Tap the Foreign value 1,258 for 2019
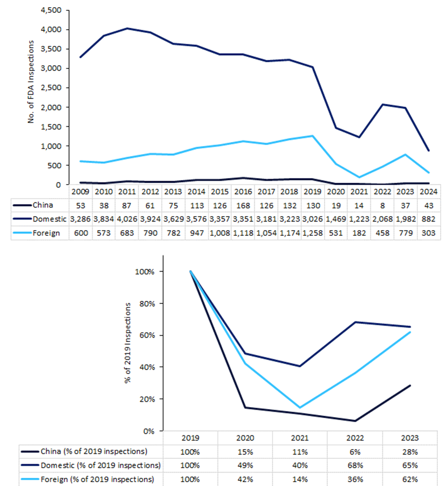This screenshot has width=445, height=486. (x=312, y=233)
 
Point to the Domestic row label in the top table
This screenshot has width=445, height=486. (x=47, y=219)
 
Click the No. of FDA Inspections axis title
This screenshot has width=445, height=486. (x=32, y=82)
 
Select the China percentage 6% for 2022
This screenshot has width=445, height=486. (x=355, y=451)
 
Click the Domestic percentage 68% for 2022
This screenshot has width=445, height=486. (x=355, y=465)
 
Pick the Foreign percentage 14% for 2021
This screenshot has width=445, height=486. (x=300, y=479)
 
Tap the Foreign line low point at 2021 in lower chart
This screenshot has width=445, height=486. (x=300, y=408)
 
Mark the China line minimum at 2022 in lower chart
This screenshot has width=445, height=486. (x=355, y=421)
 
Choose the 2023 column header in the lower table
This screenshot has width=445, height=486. (x=410, y=437)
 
